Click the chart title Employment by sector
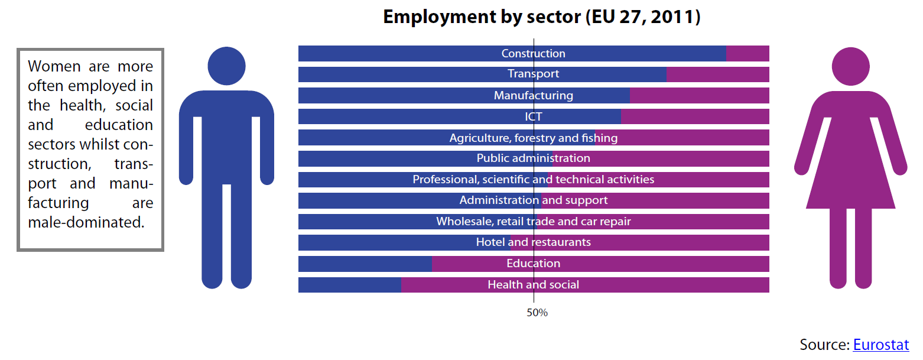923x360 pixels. [541, 17]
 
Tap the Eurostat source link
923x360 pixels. [880, 345]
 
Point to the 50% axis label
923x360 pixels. [537, 313]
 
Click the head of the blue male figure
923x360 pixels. [226, 66]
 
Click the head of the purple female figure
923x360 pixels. [850, 66]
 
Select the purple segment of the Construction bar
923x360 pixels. [747, 53]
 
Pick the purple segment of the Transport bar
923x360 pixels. [717, 74]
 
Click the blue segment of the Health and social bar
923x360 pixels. [349, 285]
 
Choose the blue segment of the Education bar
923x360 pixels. [365, 264]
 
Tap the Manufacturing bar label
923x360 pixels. [533, 95]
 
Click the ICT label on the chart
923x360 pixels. [533, 116]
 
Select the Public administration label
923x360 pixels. [533, 158]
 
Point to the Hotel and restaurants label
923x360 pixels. [533, 242]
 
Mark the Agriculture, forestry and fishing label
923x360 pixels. [533, 138]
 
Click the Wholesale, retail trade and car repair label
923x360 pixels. [533, 222]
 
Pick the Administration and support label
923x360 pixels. [533, 200]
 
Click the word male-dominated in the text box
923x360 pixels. [86, 222]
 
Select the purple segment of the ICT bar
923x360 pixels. [695, 116]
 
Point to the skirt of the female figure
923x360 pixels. [850, 183]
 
